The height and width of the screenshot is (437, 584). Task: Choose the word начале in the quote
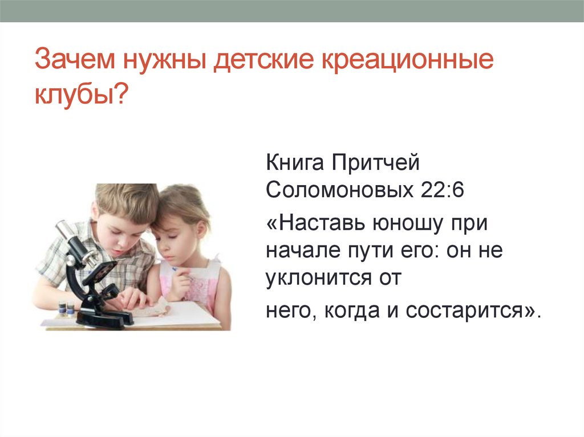[299, 251]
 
